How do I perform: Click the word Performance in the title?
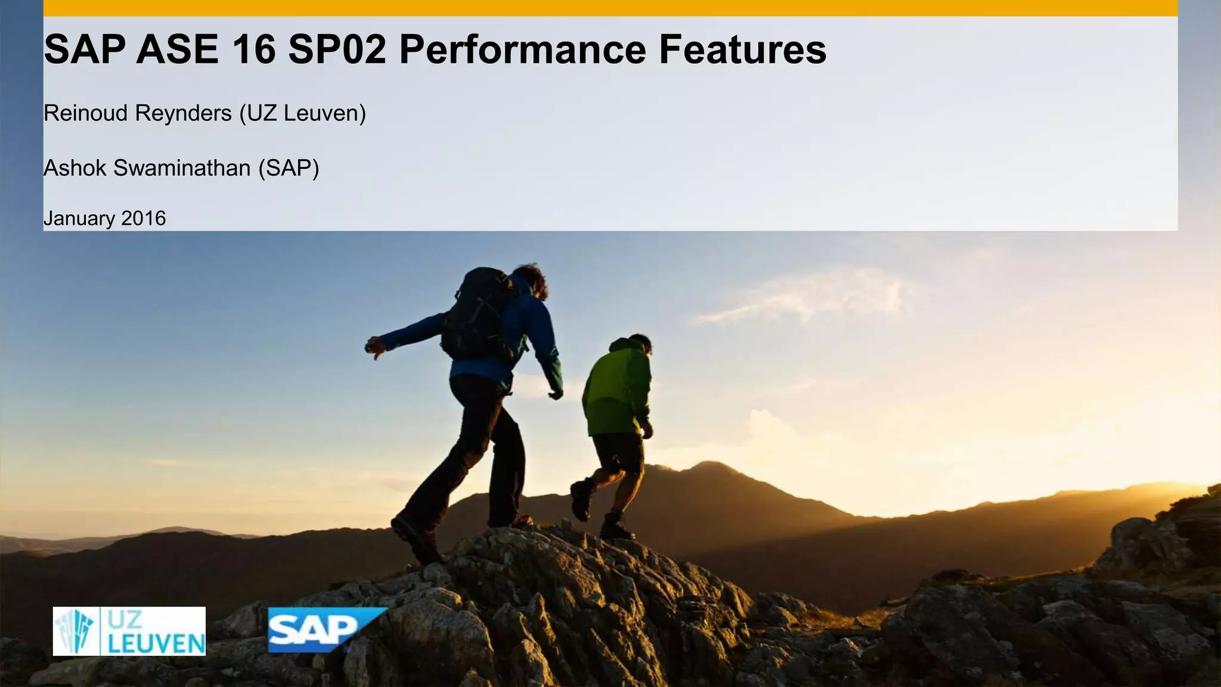pos(522,50)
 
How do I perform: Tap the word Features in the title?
pos(742,50)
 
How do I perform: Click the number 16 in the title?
pos(253,50)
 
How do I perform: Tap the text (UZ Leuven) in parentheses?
pos(302,113)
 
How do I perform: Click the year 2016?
pos(143,218)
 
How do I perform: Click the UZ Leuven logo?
pos(129,631)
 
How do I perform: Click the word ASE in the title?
pos(177,50)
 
